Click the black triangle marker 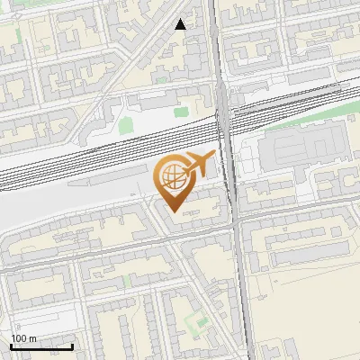[x=181, y=24]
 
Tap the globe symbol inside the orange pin [x=173, y=175]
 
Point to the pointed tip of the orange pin [x=173, y=213]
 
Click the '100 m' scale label [x=23, y=338]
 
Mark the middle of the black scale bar [x=41, y=346]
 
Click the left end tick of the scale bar [x=11, y=346]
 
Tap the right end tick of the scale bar [x=72, y=346]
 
